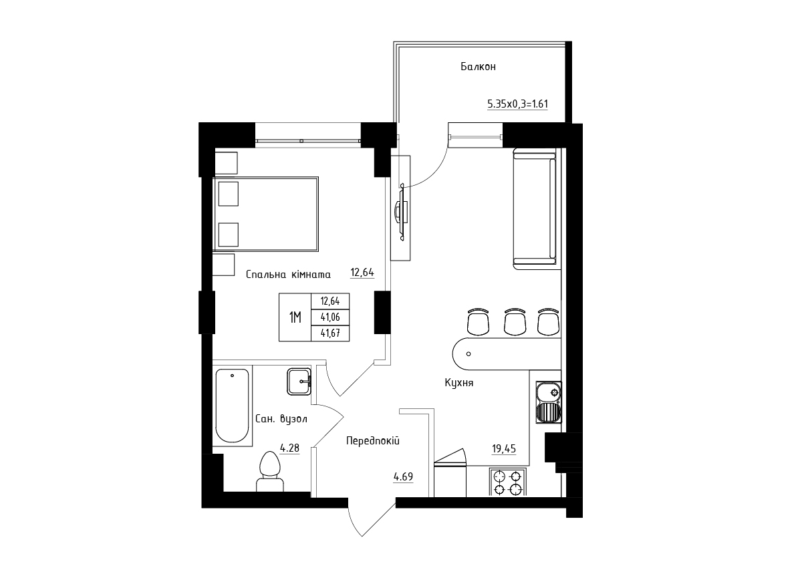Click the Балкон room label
pos(478,67)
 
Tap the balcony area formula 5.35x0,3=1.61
pos(517,104)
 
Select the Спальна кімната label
pos(288,275)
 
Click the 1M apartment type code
pos(295,317)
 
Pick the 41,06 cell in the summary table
pos(330,317)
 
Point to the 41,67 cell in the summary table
pos(330,333)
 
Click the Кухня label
pos(459,383)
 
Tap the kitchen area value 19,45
pos(504,448)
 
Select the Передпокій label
pos(373,440)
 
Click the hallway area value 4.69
pos(403,476)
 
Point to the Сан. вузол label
pos(281,418)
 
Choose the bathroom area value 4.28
pos(289,448)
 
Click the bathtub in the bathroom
pos(233,406)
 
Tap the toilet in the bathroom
pos(270,471)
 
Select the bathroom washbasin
pos(299,382)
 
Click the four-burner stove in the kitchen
pos(507,482)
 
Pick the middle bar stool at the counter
pos(515,321)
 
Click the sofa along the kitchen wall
pos(535,208)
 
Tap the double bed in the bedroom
pos(265,214)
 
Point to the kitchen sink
pos(549,402)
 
